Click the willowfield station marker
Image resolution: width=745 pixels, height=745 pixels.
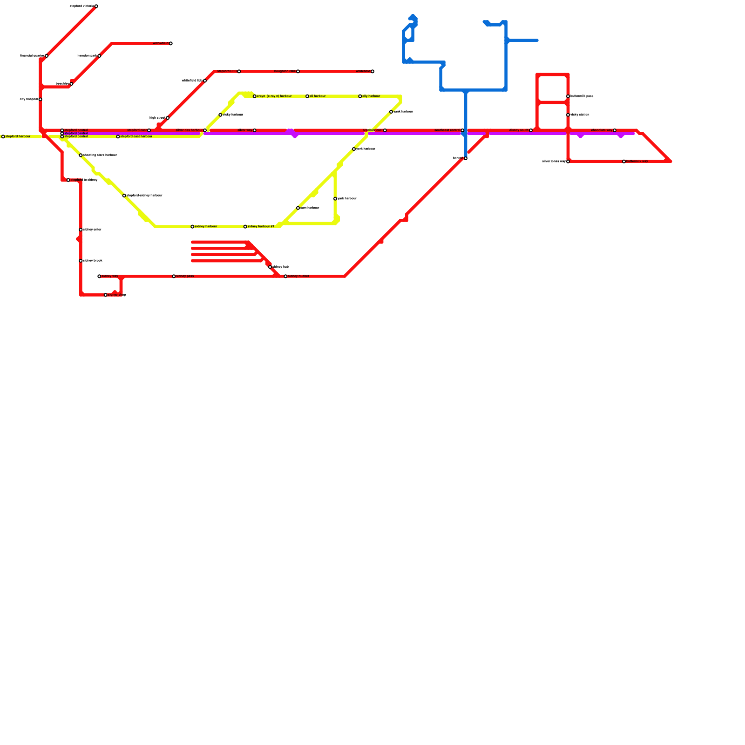click(171, 44)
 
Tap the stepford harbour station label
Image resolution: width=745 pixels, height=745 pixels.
click(18, 136)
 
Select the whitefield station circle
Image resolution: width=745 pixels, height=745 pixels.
click(372, 71)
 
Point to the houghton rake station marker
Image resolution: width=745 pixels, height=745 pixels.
click(298, 71)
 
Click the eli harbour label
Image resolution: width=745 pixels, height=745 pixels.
click(318, 96)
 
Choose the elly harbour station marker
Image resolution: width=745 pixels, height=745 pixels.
click(360, 96)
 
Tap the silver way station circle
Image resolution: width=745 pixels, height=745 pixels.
click(254, 130)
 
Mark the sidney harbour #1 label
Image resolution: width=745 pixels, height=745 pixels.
click(261, 227)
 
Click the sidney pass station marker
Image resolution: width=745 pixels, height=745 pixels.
click(174, 277)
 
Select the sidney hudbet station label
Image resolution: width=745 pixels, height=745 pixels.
click(298, 277)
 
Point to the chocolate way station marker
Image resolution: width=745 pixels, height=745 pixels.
click(615, 130)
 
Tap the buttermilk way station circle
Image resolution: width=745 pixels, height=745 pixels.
click(624, 162)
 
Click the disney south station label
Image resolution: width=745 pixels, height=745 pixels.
click(519, 130)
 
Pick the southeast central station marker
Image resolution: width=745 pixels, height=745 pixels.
click(462, 130)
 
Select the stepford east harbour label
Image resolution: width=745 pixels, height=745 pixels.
click(136, 136)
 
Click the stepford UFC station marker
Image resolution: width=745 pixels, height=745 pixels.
click(239, 71)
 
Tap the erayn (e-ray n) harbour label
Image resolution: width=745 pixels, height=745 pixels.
click(274, 96)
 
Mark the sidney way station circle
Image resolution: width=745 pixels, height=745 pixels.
click(99, 277)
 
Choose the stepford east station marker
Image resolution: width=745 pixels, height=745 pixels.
click(149, 130)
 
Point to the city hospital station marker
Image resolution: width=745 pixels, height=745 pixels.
click(41, 99)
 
